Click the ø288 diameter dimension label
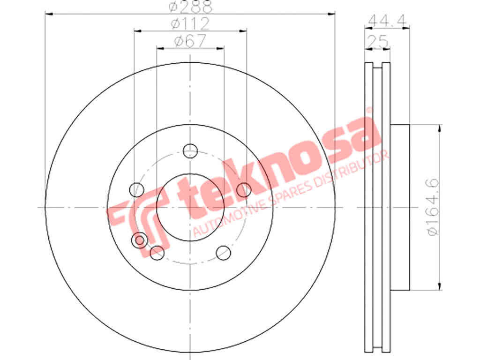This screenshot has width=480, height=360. click(x=190, y=6)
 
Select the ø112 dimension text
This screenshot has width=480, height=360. click(x=190, y=23)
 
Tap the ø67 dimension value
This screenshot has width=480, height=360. click(x=190, y=41)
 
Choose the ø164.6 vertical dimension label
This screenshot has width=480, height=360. click(x=433, y=207)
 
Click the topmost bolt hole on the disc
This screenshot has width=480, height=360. click(x=190, y=150)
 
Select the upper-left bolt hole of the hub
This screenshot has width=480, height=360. click(x=136, y=190)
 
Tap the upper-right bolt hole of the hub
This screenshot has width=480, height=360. click(x=244, y=190)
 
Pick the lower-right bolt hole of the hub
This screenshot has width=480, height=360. click(x=224, y=253)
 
